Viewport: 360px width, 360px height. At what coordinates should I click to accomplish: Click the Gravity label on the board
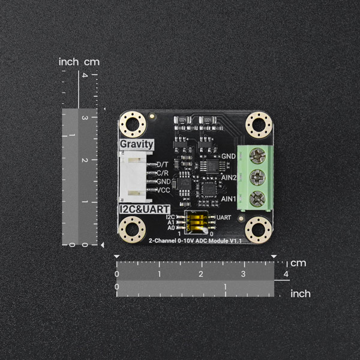click(x=137, y=145)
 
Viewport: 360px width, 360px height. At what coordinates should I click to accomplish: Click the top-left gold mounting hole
click(x=133, y=125)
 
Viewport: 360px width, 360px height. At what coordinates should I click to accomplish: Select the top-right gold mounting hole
click(x=259, y=125)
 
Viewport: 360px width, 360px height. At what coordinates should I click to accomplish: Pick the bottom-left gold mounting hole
click(x=133, y=229)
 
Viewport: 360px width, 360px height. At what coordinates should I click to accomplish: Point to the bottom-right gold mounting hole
click(x=259, y=229)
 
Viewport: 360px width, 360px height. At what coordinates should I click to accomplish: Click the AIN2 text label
click(x=228, y=178)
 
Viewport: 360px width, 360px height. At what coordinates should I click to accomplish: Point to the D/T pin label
click(x=163, y=164)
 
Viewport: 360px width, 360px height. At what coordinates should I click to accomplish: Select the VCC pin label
click(x=163, y=190)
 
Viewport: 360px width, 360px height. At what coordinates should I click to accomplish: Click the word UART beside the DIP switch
click(x=223, y=217)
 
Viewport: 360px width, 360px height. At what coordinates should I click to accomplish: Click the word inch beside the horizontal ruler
click(x=300, y=294)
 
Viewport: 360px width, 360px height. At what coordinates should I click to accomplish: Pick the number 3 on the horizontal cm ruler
click(x=242, y=274)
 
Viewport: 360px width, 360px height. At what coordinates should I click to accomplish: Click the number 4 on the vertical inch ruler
click(x=85, y=76)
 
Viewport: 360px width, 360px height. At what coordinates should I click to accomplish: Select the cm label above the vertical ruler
click(x=91, y=62)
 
